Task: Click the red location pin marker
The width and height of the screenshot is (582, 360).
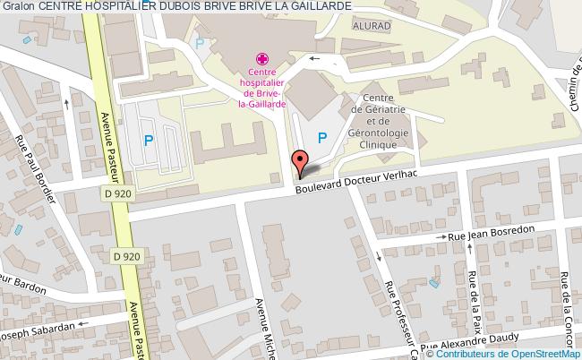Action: click(300, 162)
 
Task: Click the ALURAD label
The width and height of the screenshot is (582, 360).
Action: click(371, 27)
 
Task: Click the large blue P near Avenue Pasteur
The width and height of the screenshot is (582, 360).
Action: click(149, 140)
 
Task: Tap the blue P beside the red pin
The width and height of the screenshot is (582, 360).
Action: click(321, 137)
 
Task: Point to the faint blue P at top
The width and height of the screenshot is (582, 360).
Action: click(200, 43)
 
